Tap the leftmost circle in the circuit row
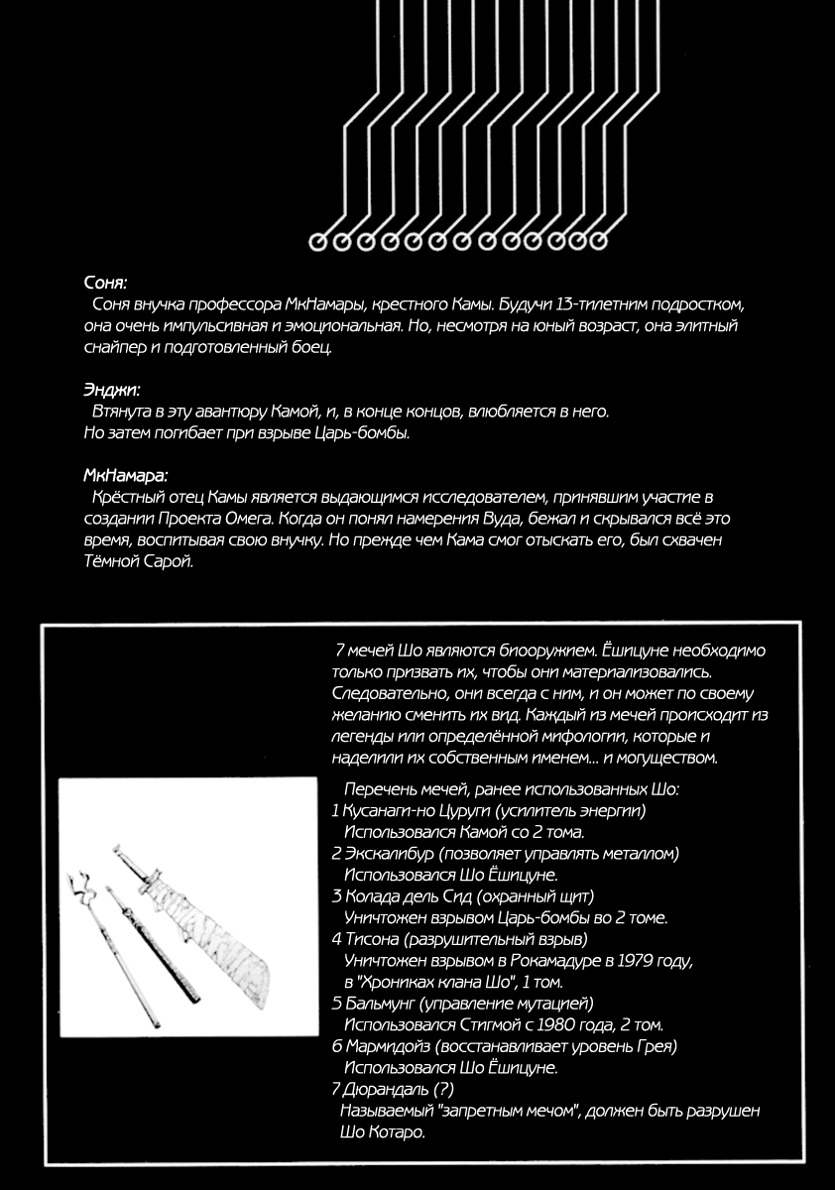pyautogui.click(x=318, y=241)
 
